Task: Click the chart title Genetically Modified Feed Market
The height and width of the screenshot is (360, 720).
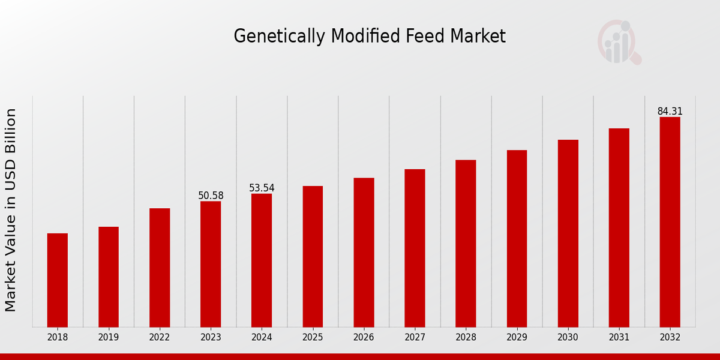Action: click(x=369, y=37)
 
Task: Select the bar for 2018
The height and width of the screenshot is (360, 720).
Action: click(x=58, y=280)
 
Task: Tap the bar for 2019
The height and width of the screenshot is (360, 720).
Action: click(x=109, y=277)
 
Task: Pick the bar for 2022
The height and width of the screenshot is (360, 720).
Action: click(x=160, y=268)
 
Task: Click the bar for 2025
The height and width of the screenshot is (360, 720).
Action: click(x=313, y=256)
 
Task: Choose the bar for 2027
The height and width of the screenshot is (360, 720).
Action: click(x=415, y=248)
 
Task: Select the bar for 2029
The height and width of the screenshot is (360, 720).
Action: click(x=517, y=238)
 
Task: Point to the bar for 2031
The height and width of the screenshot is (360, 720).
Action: click(x=619, y=227)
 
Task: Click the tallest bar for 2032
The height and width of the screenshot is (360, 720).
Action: click(x=670, y=222)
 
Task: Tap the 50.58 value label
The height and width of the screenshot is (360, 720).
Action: click(x=211, y=196)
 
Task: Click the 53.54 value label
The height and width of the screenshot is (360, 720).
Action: click(x=262, y=188)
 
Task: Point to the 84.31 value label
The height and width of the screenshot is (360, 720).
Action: click(x=670, y=112)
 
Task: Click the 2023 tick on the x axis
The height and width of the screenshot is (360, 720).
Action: click(x=211, y=338)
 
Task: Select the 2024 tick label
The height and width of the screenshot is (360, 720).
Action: click(x=262, y=338)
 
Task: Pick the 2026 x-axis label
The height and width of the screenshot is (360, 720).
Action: click(x=364, y=338)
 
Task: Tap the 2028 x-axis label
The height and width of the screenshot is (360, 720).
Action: click(x=466, y=338)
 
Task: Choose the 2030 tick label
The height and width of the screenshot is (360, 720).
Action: click(x=568, y=338)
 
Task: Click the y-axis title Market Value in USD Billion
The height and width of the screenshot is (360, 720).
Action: click(x=11, y=210)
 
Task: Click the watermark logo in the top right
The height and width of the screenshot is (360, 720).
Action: click(x=619, y=42)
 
